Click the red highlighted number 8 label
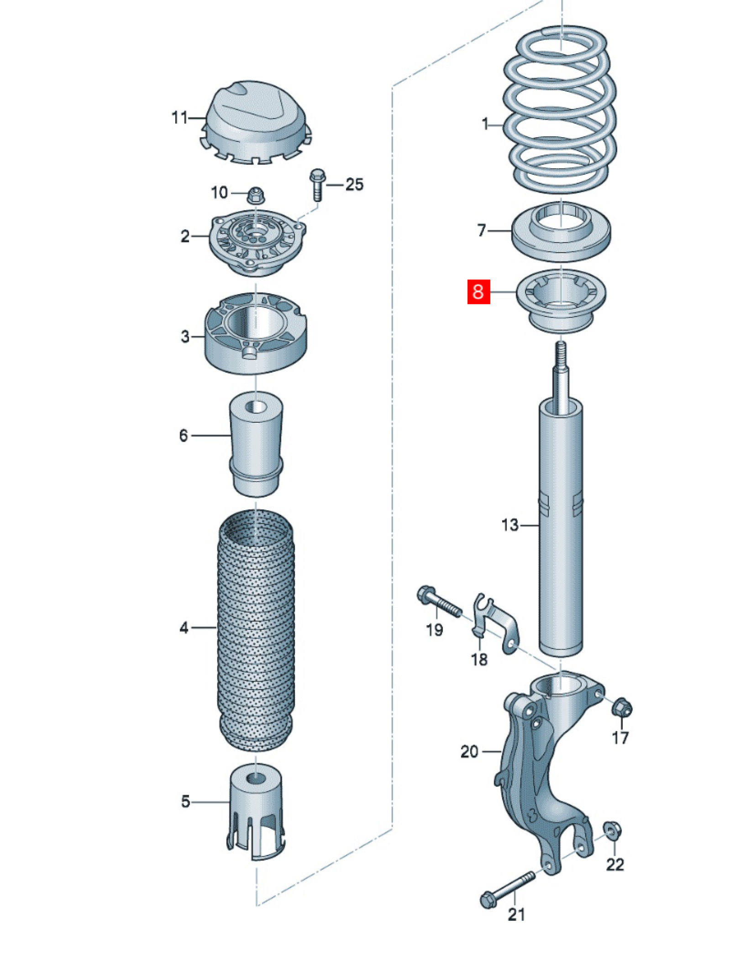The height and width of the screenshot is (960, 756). [x=478, y=291]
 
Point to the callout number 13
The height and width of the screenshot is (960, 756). [x=510, y=525]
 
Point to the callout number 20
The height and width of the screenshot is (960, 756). [x=469, y=751]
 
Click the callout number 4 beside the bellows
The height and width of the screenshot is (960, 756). [x=184, y=628]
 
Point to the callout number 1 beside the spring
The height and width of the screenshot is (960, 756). [x=485, y=124]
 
